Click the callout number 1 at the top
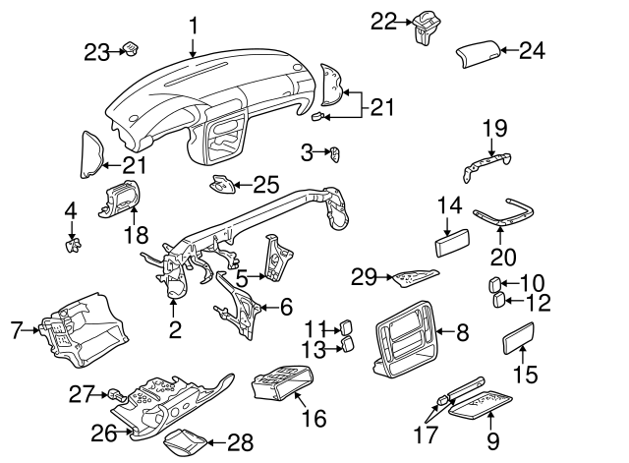click(194, 25)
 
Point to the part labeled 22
click(426, 27)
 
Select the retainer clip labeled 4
click(72, 242)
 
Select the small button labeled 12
click(498, 300)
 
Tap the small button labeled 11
click(348, 327)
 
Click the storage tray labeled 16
click(282, 383)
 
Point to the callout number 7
click(16, 330)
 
